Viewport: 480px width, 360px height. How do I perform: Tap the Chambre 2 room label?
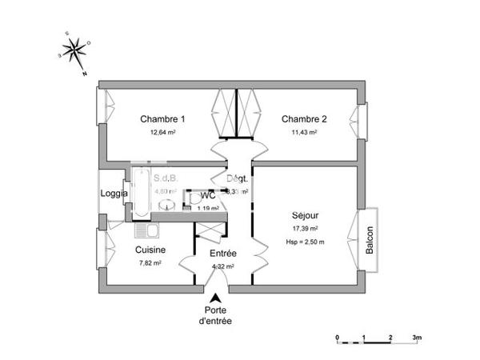pos(304,119)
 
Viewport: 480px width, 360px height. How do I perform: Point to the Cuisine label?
pos(150,250)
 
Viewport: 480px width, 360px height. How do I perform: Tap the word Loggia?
pos(114,194)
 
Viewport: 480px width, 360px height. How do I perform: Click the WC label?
pos(208,195)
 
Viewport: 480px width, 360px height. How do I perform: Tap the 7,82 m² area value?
pos(150,262)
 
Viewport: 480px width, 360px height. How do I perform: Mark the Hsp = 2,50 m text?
pos(305,241)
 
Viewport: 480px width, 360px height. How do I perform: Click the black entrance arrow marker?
pos(214,298)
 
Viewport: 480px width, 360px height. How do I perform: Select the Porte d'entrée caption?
pos(215,315)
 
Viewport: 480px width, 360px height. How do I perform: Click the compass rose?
pos(76,53)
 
